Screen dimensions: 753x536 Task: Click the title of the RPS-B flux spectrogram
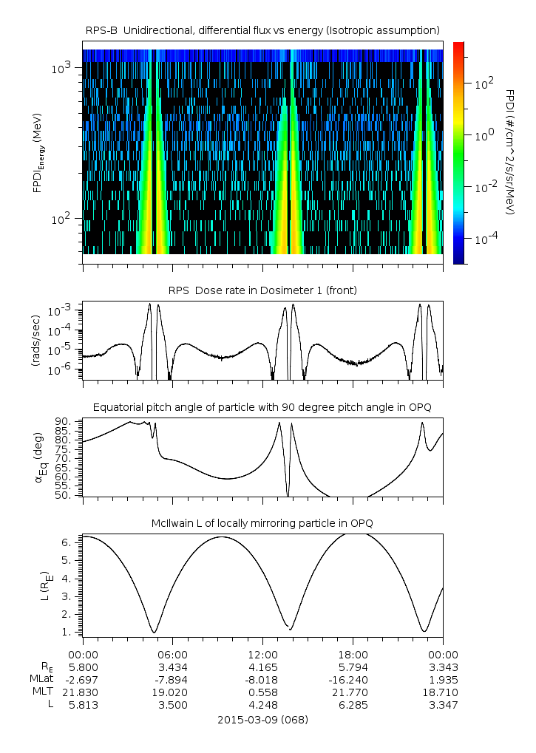pos(262,30)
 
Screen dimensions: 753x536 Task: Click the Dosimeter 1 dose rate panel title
pos(262,290)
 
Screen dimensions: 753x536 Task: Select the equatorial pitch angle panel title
pos(262,407)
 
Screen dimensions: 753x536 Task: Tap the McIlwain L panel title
pos(262,523)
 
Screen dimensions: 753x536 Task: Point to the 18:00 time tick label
pos(353,654)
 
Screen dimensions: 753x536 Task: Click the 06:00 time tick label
pos(173,654)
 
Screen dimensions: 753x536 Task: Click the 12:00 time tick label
pos(262,654)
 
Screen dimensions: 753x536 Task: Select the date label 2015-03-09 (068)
pos(262,719)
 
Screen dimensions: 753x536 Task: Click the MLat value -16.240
pos(353,679)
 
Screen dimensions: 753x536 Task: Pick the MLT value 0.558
pos(262,692)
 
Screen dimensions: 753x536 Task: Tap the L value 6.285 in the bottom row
pos(353,705)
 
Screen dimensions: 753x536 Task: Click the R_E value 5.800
pos(83,667)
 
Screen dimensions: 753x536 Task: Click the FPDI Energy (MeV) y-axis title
pos(38,156)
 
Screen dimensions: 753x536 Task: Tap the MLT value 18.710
pos(443,692)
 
